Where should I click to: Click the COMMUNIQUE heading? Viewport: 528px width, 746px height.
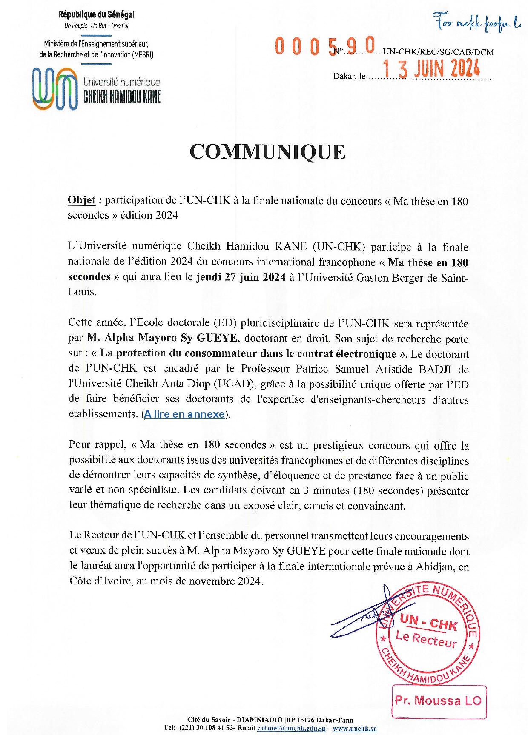tap(267, 152)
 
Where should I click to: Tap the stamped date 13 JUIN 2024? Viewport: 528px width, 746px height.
tap(431, 68)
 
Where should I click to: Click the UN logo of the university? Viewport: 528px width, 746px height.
tap(56, 88)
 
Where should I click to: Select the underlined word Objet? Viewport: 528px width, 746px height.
tap(81, 200)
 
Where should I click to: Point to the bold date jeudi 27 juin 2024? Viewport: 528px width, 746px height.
tap(241, 277)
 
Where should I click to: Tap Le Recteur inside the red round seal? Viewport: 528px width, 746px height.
tap(426, 639)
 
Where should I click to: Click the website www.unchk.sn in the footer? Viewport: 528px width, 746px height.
tap(355, 729)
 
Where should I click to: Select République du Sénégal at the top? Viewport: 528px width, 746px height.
tap(96, 15)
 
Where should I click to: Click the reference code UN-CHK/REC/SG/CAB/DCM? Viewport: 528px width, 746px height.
tap(439, 52)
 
